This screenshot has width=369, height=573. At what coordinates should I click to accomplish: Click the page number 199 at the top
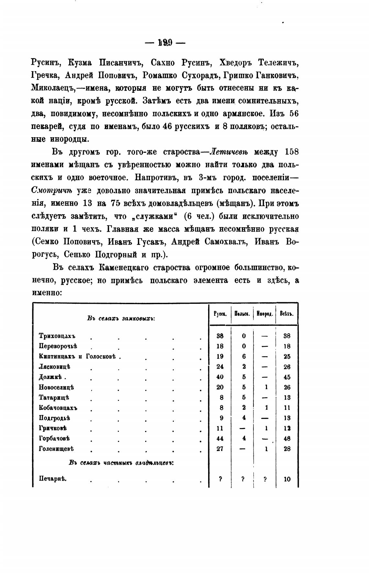(165, 42)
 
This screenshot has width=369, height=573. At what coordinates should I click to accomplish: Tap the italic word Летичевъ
(230, 152)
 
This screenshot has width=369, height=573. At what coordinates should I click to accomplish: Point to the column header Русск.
(220, 314)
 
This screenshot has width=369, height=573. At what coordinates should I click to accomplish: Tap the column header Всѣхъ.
(287, 314)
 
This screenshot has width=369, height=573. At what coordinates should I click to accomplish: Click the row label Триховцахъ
(57, 336)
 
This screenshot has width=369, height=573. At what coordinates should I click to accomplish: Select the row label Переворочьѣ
(58, 346)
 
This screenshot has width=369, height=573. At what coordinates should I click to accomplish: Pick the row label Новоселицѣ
(56, 387)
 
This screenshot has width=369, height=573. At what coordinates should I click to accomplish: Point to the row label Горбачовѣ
(54, 438)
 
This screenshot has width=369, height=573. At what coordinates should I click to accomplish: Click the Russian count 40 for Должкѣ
(220, 377)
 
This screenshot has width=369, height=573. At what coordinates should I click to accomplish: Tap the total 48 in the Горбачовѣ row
(287, 439)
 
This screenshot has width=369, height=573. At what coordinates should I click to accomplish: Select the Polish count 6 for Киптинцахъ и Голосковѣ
(244, 356)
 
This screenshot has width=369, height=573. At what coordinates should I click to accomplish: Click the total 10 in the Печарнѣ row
(287, 479)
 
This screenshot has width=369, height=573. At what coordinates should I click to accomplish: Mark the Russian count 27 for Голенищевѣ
(220, 449)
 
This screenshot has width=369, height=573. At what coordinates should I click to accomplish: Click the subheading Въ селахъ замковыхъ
(121, 318)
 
